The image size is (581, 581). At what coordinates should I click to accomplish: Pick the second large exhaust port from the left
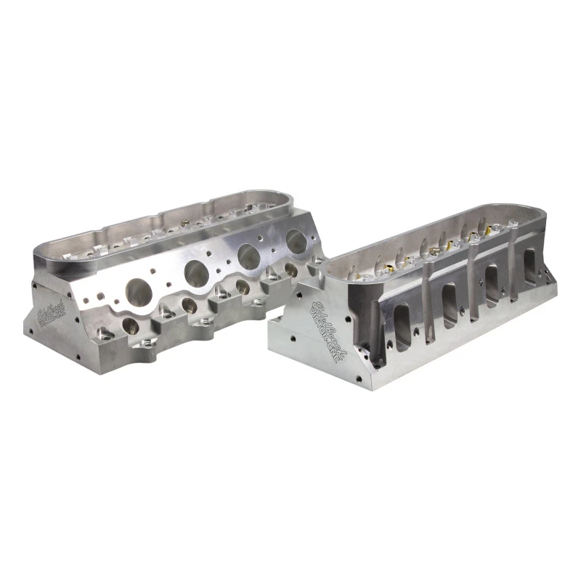coord(196,272)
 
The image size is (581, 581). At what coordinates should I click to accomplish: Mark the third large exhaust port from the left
coord(250,256)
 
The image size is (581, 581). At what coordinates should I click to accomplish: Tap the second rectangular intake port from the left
coord(449,296)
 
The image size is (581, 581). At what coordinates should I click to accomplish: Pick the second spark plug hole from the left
coord(189,304)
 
